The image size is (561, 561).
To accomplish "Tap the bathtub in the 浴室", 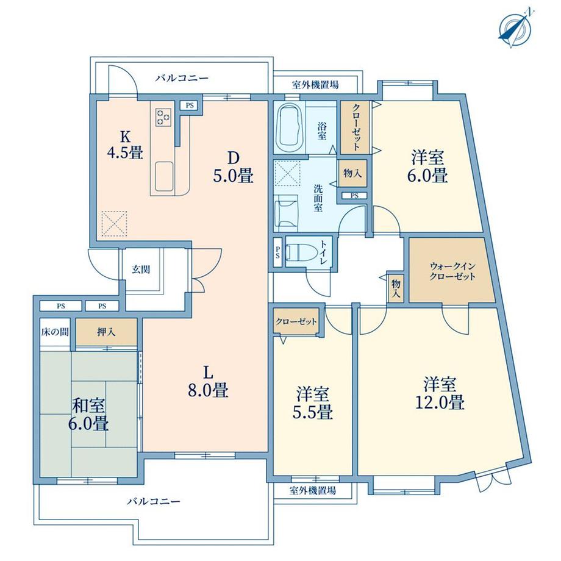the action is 290,128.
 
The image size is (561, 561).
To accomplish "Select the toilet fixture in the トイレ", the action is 302,252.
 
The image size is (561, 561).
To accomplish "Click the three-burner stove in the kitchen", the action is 164,116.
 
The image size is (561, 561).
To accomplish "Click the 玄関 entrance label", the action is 141,270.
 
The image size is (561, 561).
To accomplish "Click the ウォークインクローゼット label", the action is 452,271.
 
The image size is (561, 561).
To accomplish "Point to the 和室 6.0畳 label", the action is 88,415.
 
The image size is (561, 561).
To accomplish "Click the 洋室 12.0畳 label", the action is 440,393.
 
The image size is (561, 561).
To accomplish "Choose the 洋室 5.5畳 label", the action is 313,402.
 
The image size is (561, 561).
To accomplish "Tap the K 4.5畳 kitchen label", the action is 125,145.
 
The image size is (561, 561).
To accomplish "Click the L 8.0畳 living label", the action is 208,382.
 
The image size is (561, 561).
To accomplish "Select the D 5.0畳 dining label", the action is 234,166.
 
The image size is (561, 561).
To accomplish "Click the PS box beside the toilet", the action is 277,252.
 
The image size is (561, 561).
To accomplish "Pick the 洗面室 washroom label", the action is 318,198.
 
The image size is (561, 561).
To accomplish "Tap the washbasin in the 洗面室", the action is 286,213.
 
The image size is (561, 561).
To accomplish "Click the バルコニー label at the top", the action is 182,78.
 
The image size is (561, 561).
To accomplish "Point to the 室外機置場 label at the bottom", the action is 313,490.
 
